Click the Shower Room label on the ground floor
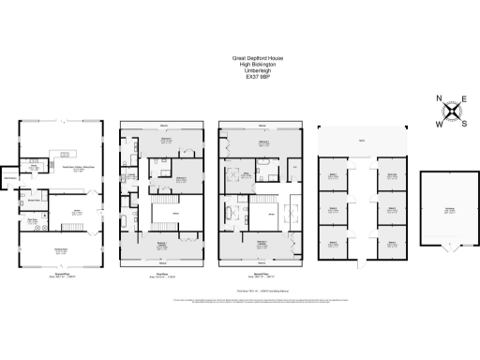click(x=33, y=222)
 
